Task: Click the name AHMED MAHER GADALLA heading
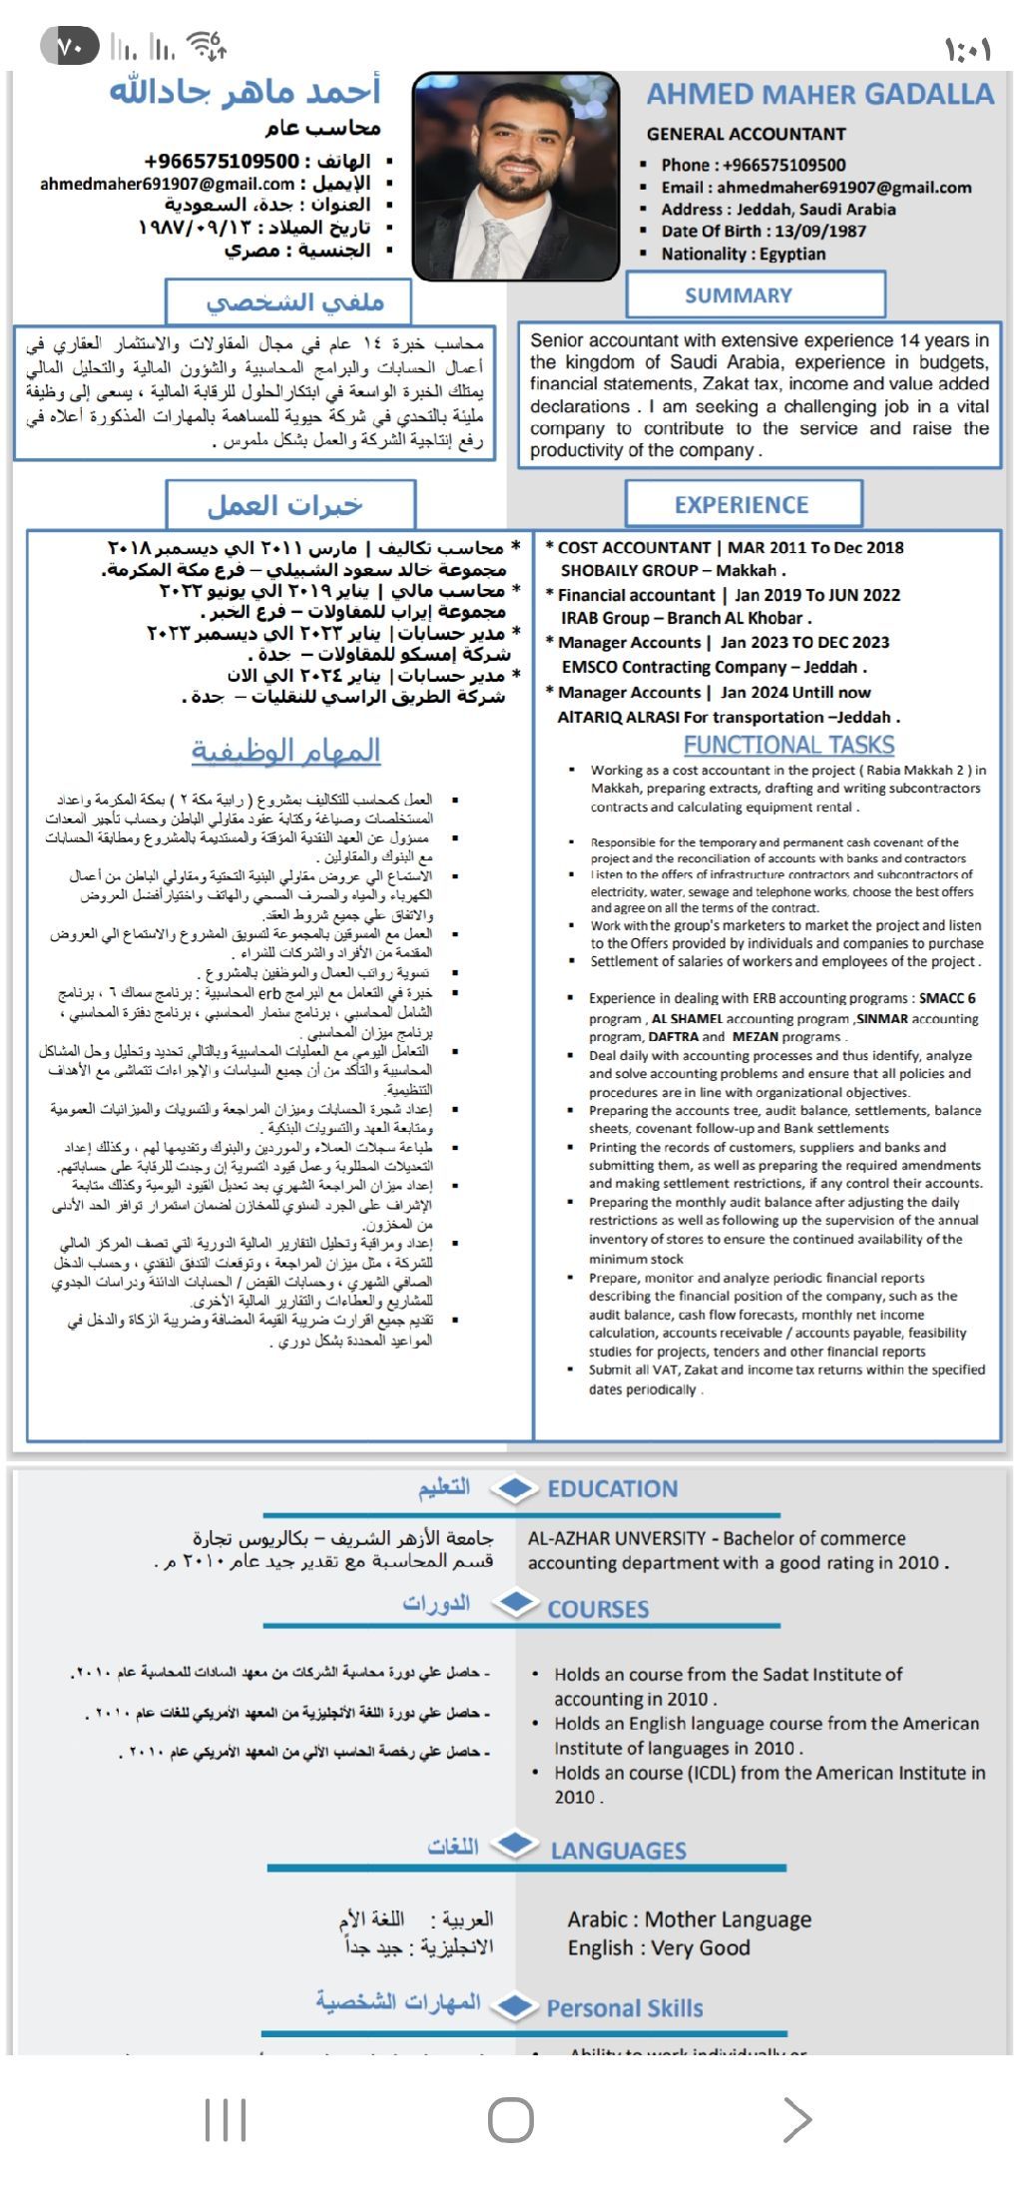(819, 95)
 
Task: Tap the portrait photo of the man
(515, 176)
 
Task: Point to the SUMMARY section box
(756, 295)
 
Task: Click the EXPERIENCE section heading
(742, 505)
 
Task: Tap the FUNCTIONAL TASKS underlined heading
(788, 746)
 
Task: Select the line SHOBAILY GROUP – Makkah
(673, 570)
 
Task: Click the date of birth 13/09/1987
(820, 231)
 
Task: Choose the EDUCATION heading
(612, 1489)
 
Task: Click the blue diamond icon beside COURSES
(516, 1603)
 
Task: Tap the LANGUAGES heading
(618, 1851)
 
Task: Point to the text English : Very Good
(659, 1947)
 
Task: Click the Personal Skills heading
(624, 2008)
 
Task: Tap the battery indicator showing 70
(70, 47)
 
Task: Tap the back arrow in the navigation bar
(796, 2119)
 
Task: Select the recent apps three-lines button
(226, 2119)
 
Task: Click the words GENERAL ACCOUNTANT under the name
(746, 134)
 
